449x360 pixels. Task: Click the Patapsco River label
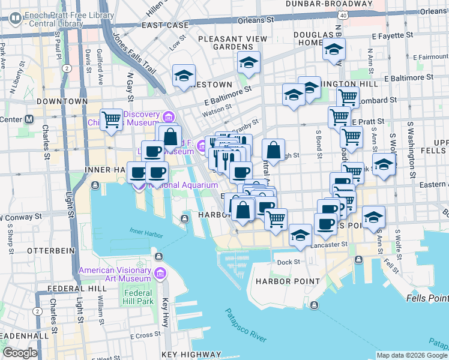coord(246,326)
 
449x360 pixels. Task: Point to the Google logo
coord(19,353)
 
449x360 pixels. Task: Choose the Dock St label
coord(288,262)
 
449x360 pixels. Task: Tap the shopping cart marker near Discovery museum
coord(112,119)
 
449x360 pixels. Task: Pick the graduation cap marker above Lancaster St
coord(300,235)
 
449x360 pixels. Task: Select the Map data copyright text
coord(411,355)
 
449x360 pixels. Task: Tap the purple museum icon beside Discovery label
coord(169,116)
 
